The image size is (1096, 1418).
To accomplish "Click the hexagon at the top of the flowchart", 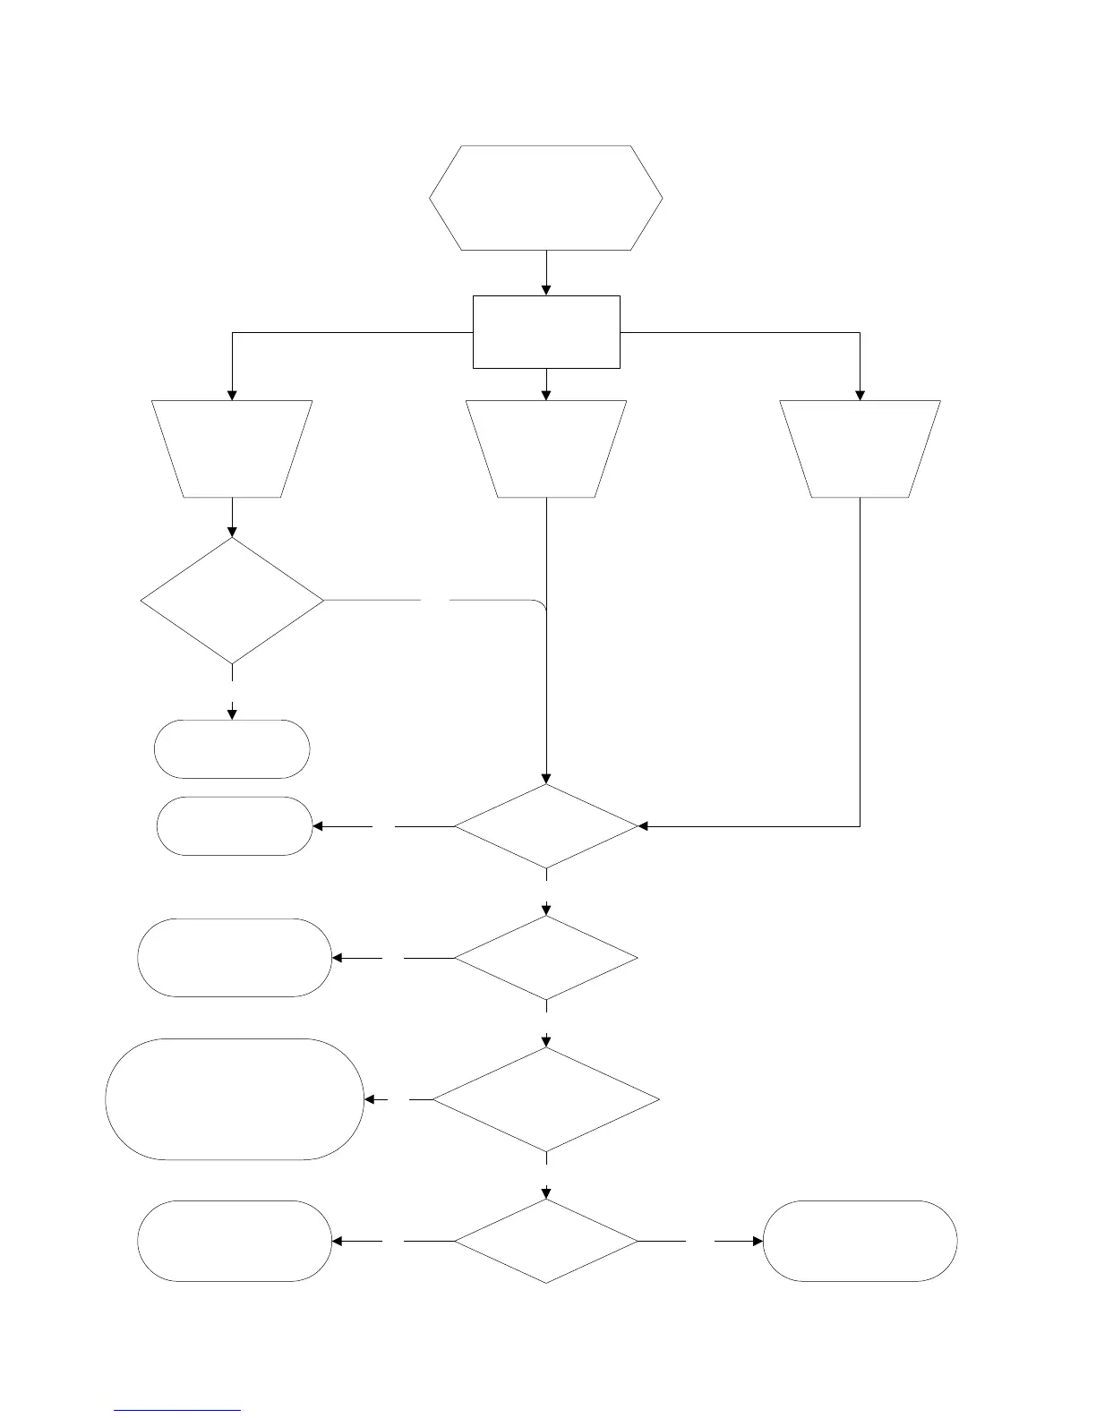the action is pyautogui.click(x=546, y=198).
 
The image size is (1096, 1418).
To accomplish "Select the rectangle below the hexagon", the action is pyautogui.click(x=546, y=332).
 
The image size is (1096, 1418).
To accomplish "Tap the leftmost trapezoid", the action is pyautogui.click(x=232, y=448).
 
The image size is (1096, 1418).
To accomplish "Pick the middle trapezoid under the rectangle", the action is pyautogui.click(x=546, y=448).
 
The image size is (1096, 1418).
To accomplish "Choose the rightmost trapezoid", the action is pyautogui.click(x=861, y=448).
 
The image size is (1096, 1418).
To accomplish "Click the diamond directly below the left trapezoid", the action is pyautogui.click(x=232, y=600).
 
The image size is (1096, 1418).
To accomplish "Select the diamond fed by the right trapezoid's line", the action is pyautogui.click(x=546, y=826).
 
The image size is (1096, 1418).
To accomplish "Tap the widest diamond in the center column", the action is pyautogui.click(x=546, y=1099).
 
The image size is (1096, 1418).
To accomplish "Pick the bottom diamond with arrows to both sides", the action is pyautogui.click(x=546, y=1242).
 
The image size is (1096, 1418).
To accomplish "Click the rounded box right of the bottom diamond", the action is pyautogui.click(x=860, y=1242).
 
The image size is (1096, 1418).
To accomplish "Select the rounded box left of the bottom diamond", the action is pyautogui.click(x=235, y=1242).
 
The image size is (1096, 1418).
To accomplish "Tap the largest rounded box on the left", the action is pyautogui.click(x=235, y=1099).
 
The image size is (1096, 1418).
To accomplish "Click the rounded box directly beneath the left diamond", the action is pyautogui.click(x=232, y=749).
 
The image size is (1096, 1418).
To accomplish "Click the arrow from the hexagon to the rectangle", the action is pyautogui.click(x=546, y=272).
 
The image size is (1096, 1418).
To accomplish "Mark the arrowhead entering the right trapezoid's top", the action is pyautogui.click(x=861, y=394).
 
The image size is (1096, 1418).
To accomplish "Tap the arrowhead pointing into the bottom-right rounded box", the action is pyautogui.click(x=758, y=1242).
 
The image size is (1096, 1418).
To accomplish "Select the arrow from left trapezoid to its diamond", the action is pyautogui.click(x=232, y=517).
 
